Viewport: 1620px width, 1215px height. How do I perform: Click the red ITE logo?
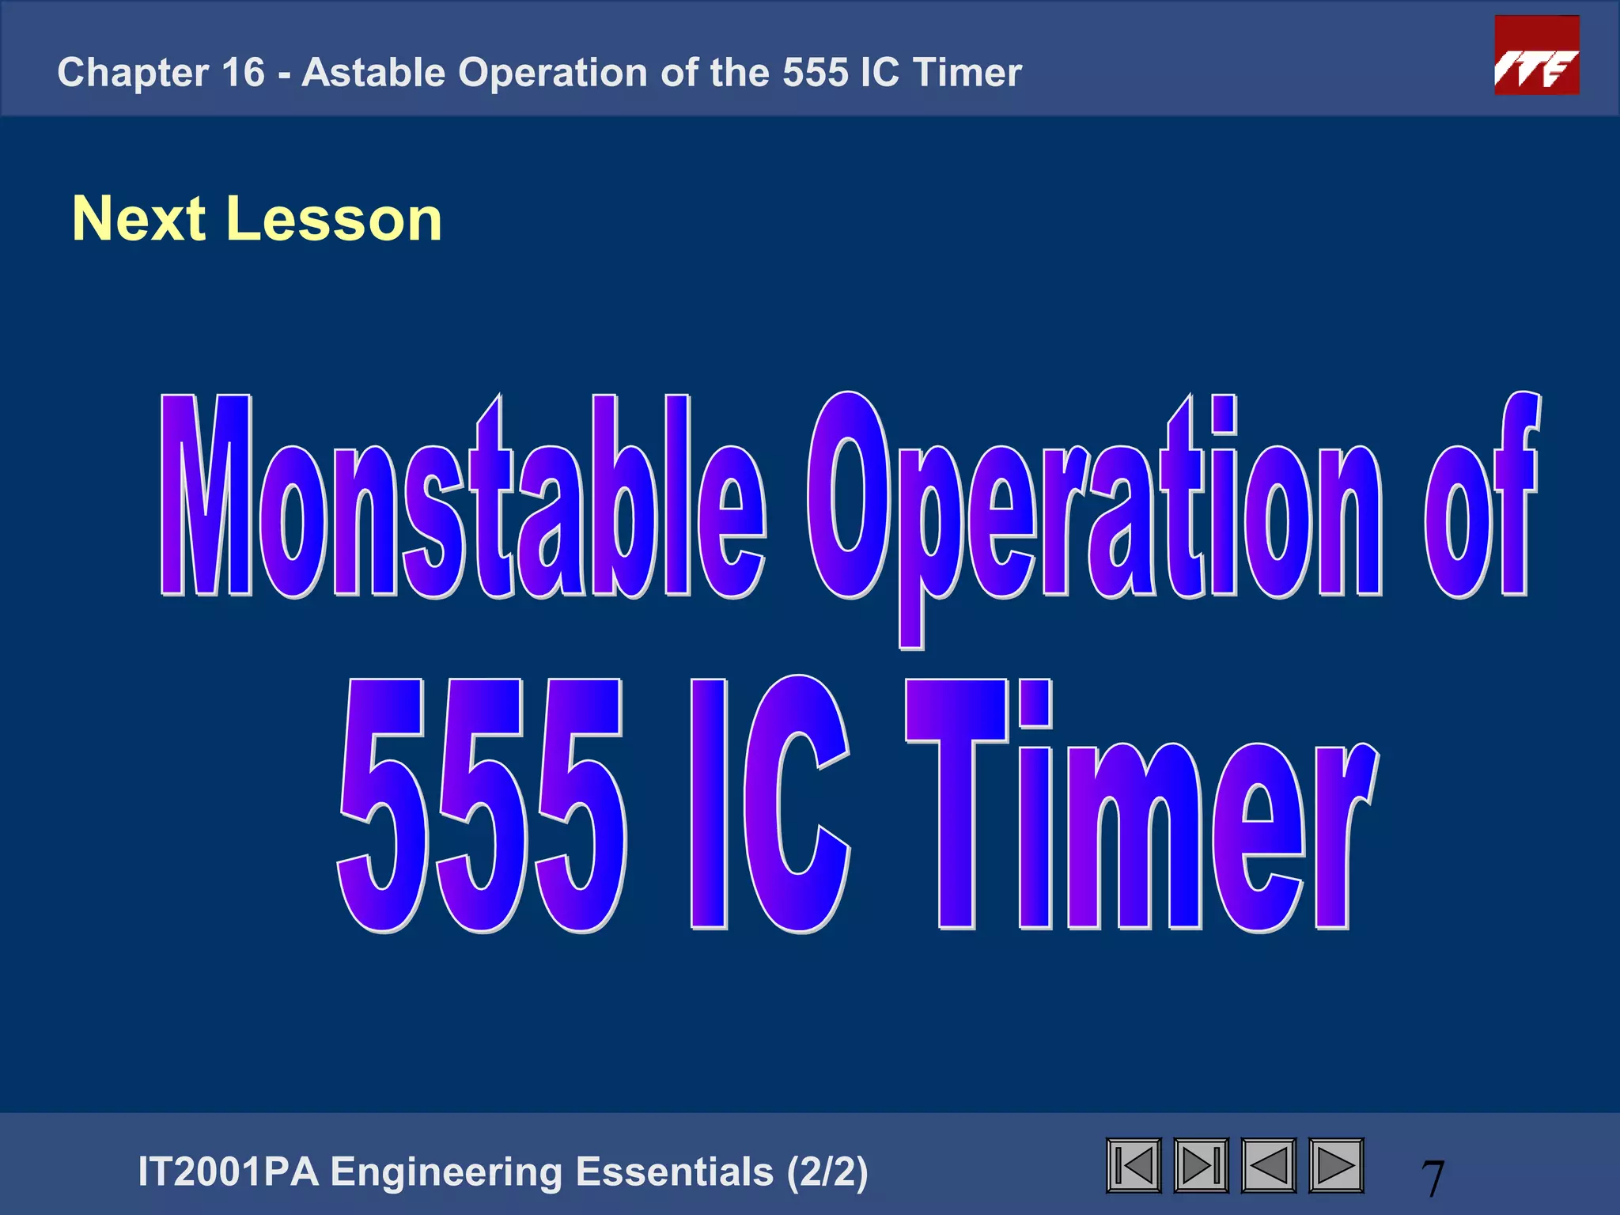(1536, 55)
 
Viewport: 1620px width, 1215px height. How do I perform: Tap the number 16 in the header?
(243, 73)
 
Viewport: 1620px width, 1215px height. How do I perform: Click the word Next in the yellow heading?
(139, 219)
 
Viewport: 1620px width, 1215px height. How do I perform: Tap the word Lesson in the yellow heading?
(334, 219)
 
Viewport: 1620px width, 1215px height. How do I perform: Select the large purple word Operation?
(1095, 506)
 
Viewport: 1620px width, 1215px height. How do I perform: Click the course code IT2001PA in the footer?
(228, 1172)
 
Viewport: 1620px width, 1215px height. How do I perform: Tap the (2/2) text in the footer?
(827, 1172)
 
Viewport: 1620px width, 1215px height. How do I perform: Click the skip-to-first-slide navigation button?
(1134, 1165)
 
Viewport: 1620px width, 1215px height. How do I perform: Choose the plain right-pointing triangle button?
(1336, 1165)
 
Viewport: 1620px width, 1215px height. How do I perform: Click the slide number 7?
(1433, 1178)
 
